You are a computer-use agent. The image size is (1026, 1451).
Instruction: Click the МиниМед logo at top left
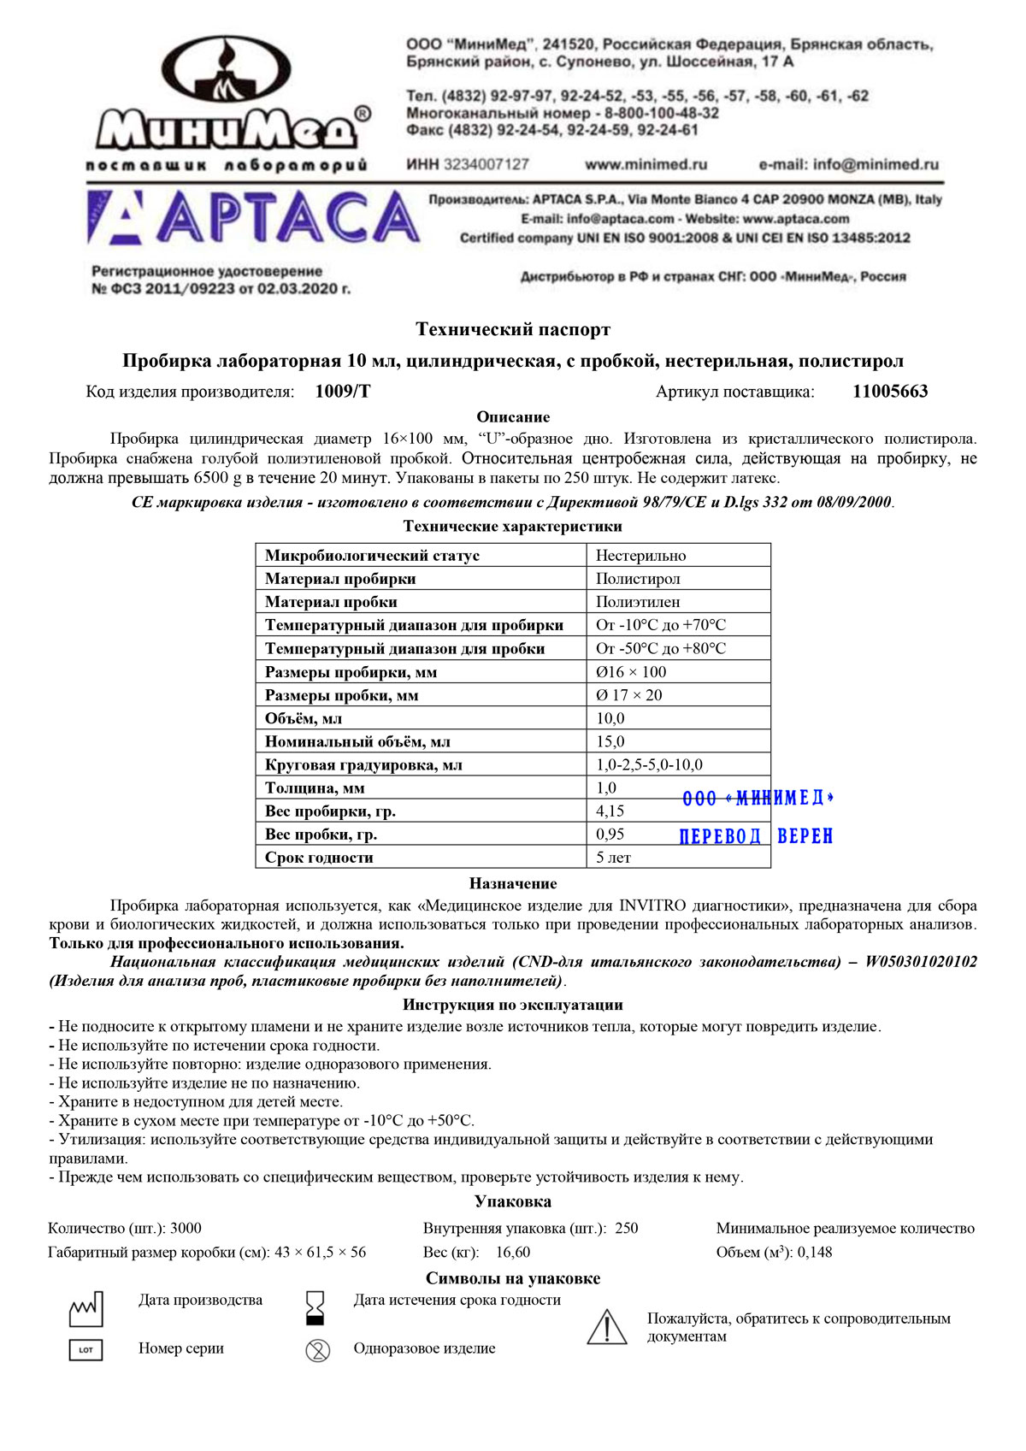[230, 103]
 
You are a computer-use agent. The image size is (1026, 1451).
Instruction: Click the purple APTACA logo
[253, 218]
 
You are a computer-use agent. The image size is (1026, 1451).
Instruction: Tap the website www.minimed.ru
[646, 164]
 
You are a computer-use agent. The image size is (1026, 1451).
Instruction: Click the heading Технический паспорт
[513, 329]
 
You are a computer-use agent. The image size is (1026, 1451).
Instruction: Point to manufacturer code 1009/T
[343, 392]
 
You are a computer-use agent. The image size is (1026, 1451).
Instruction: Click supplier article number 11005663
[890, 392]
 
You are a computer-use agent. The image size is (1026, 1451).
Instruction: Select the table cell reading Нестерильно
[640, 556]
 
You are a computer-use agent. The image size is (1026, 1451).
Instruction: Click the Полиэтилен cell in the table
[638, 602]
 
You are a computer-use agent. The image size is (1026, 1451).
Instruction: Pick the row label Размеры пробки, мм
[341, 695]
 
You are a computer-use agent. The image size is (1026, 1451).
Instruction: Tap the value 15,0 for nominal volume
[610, 741]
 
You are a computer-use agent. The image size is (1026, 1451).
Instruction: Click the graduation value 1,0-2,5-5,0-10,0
[649, 764]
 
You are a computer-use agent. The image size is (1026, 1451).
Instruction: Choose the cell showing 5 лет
[613, 857]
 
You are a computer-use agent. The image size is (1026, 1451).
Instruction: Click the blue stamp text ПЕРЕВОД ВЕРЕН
[756, 836]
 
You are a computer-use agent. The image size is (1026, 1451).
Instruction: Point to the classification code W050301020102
[921, 962]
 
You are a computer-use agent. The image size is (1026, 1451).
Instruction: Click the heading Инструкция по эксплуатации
[513, 1005]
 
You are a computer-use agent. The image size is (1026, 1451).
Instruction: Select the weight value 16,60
[513, 1252]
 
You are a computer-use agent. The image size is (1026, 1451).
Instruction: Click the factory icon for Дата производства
[85, 1308]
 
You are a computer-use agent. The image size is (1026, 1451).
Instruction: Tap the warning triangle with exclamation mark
[607, 1326]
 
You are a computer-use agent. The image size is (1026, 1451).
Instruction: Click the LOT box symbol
[85, 1350]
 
